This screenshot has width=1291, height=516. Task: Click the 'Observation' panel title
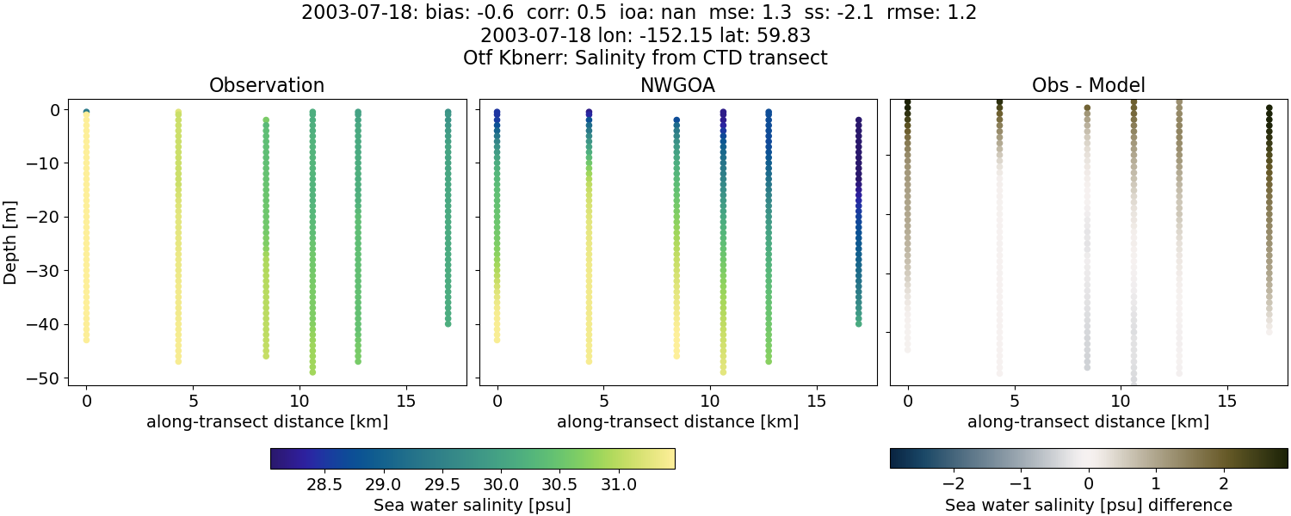tap(267, 86)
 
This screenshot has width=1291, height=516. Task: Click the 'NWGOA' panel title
tap(677, 86)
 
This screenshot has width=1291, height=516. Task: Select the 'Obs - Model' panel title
tap(1088, 86)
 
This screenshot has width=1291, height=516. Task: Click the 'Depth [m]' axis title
tap(11, 243)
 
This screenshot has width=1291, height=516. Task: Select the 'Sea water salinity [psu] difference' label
tap(1089, 505)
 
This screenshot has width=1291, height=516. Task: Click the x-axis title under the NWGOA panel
tap(677, 422)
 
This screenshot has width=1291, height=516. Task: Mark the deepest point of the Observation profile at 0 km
tap(86, 340)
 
